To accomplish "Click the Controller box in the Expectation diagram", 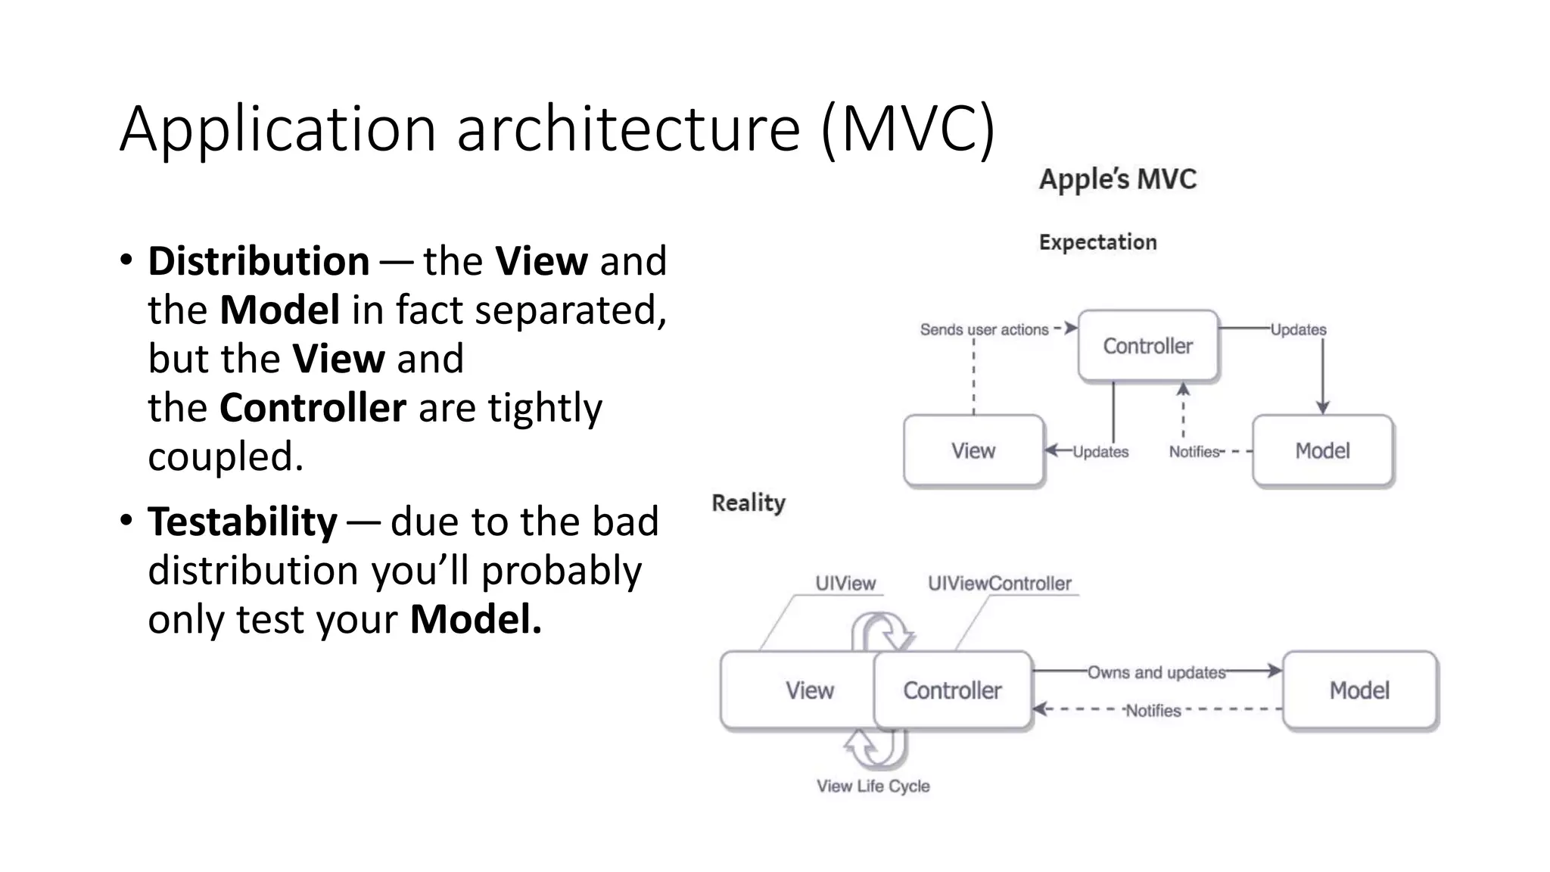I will point(1147,346).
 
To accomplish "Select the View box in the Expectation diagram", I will point(973,450).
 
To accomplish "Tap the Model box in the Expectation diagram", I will point(1322,450).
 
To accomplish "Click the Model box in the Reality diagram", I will point(1359,690).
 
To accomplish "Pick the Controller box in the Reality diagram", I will point(952,690).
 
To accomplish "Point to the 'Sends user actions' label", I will point(984,329).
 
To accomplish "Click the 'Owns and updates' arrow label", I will point(1156,672).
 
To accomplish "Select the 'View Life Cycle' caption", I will point(873,786).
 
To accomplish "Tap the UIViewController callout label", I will point(999,584).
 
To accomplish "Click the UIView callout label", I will point(845,584).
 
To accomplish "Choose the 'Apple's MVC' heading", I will point(1118,179).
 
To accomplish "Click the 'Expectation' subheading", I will point(1097,242).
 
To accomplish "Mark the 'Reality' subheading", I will point(749,503).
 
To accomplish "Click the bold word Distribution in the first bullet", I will point(258,261).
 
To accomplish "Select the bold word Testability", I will point(242,522).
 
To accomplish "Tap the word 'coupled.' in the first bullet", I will point(226,456).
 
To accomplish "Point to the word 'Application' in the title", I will point(278,129).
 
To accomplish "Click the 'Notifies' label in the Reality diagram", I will point(1153,710).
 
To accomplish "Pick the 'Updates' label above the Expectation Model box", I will point(1298,329).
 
